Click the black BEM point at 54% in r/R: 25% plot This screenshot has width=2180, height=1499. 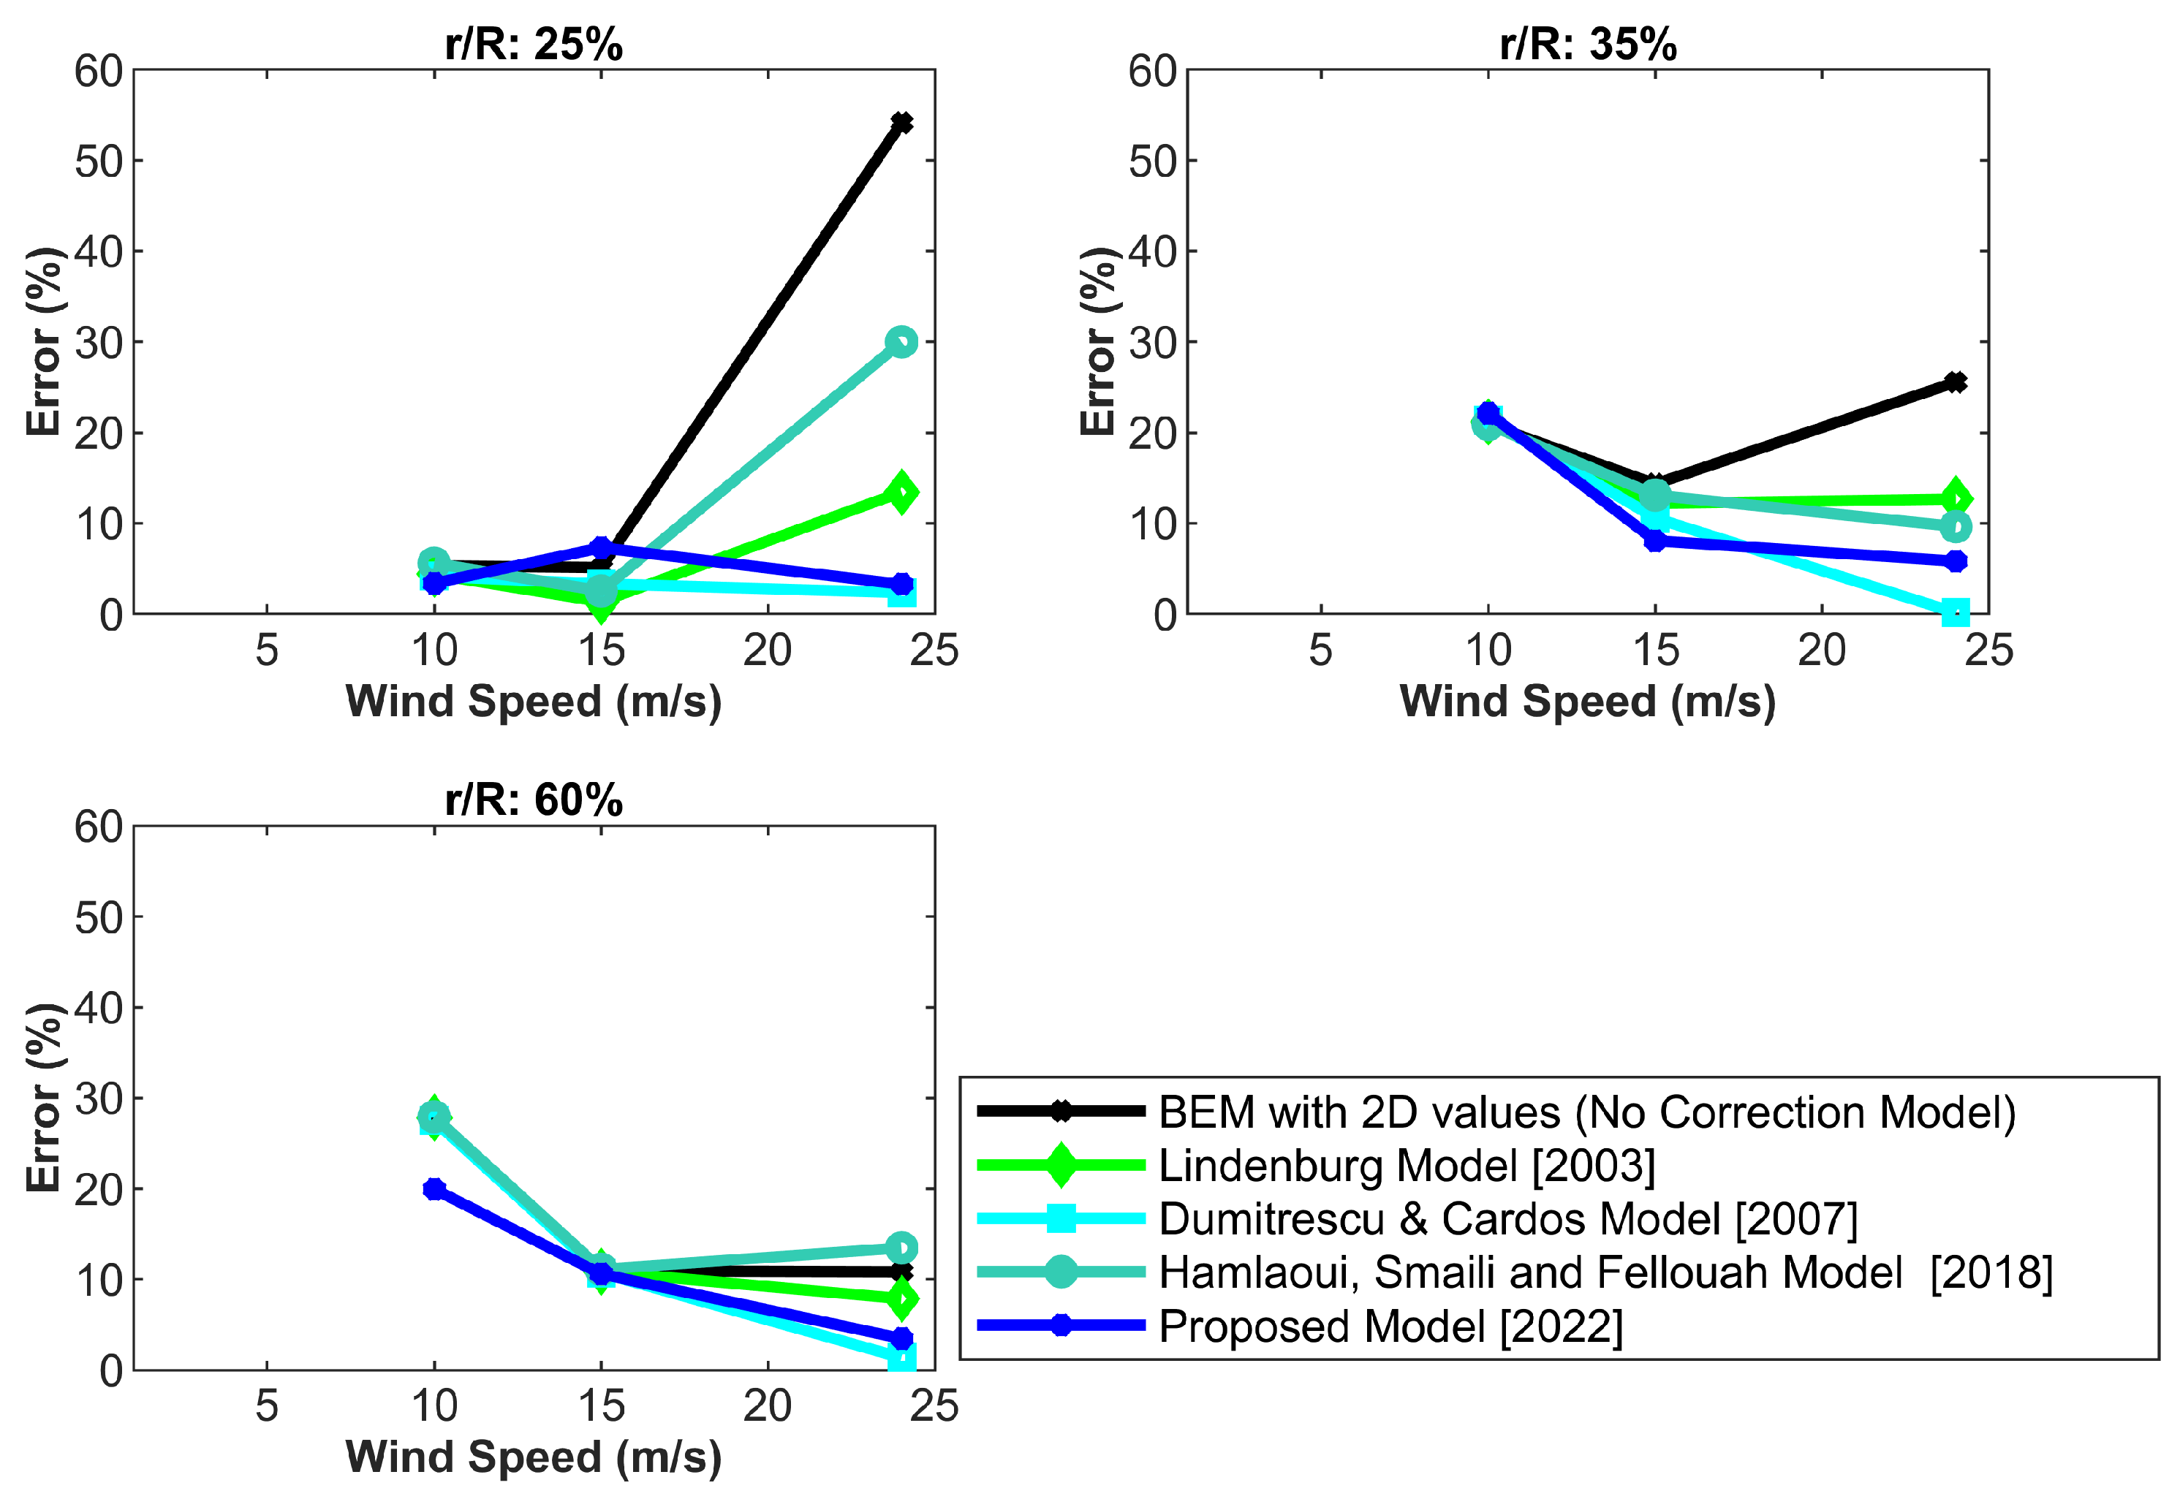click(x=901, y=123)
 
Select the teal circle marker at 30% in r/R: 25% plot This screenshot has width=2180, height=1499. click(x=901, y=342)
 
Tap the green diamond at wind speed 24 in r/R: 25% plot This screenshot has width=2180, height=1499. click(x=901, y=492)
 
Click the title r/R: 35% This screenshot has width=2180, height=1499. click(x=1587, y=44)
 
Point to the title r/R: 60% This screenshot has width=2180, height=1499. click(x=534, y=800)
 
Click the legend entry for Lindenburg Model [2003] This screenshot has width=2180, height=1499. click(x=1406, y=1166)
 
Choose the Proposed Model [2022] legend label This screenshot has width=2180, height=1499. click(x=1390, y=1327)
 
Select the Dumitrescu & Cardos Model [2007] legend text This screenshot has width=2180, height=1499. click(x=1507, y=1219)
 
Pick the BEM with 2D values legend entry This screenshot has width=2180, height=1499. click(x=1586, y=1112)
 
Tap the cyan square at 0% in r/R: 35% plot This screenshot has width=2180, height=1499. click(x=1955, y=612)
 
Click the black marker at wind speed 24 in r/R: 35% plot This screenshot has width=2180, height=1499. click(x=1955, y=382)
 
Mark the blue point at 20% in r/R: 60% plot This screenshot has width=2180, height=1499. click(x=434, y=1189)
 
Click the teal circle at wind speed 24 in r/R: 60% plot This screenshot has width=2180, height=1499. click(x=901, y=1248)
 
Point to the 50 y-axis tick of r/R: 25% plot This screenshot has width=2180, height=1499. click(x=99, y=162)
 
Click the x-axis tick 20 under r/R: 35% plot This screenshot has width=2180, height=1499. click(x=1821, y=650)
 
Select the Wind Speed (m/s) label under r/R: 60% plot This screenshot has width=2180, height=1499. click(x=534, y=1457)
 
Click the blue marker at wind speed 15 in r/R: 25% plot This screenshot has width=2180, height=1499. click(x=601, y=547)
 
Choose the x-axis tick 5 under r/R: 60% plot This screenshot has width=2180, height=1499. click(x=267, y=1406)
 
